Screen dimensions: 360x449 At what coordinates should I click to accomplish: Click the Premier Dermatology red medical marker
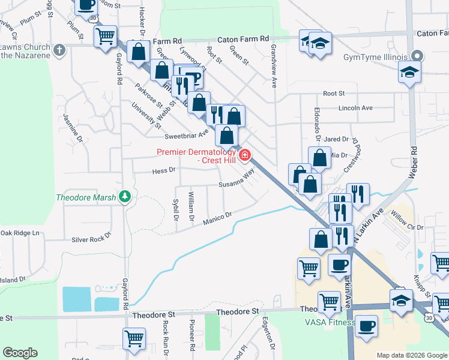[x=245, y=156]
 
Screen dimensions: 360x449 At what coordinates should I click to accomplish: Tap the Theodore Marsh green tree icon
[x=125, y=196]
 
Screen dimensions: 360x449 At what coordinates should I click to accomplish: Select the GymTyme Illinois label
[x=376, y=58]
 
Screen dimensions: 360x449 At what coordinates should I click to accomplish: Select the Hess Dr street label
[x=163, y=170]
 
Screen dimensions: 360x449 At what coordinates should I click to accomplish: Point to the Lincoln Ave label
[x=355, y=108]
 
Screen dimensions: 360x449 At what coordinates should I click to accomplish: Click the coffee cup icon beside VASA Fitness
[x=366, y=327]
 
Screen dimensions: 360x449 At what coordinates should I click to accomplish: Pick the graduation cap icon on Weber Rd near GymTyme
[x=410, y=73]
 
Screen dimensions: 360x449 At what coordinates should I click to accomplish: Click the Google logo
[x=20, y=353]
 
